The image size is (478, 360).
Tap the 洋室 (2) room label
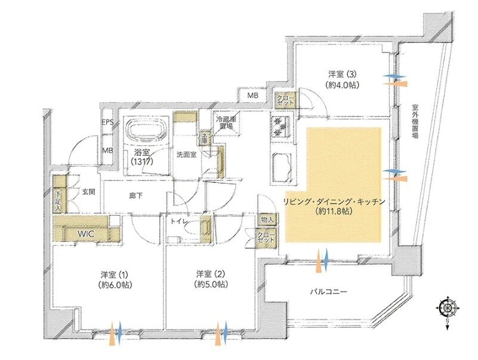pos(211,279)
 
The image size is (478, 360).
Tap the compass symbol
pos(446,309)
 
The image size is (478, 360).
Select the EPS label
pos(107,123)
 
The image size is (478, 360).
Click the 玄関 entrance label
pos(88,192)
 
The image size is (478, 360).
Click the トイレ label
pos(180,221)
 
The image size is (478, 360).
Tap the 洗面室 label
pos(186,154)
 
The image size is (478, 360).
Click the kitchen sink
pos(280,164)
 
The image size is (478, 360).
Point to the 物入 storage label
pos(266,220)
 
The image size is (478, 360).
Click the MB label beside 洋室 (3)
pos(252,96)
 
